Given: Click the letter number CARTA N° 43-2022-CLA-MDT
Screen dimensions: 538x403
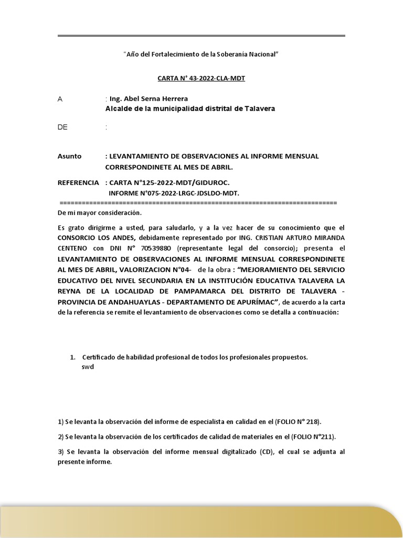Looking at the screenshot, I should (x=201, y=78).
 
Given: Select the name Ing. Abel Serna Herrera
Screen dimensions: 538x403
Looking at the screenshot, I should (x=149, y=99).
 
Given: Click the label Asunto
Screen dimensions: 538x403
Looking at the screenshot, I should (x=69, y=156).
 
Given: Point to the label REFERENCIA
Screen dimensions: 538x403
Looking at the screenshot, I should (x=78, y=182).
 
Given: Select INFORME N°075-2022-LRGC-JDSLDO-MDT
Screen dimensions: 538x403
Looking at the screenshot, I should (x=174, y=193).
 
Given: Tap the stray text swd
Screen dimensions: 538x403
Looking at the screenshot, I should (x=88, y=367).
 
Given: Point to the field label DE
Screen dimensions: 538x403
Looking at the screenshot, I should (x=62, y=127).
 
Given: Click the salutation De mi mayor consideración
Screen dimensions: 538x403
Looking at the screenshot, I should (x=100, y=213).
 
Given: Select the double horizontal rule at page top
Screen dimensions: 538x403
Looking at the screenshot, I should (x=201, y=36).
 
